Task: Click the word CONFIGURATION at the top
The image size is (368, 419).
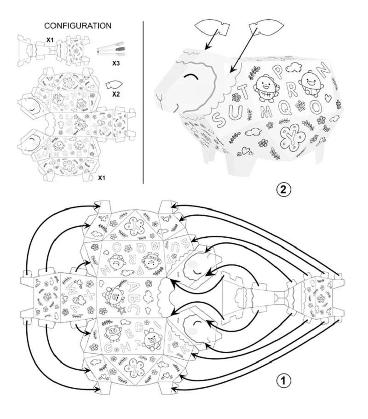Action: click(78, 26)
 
